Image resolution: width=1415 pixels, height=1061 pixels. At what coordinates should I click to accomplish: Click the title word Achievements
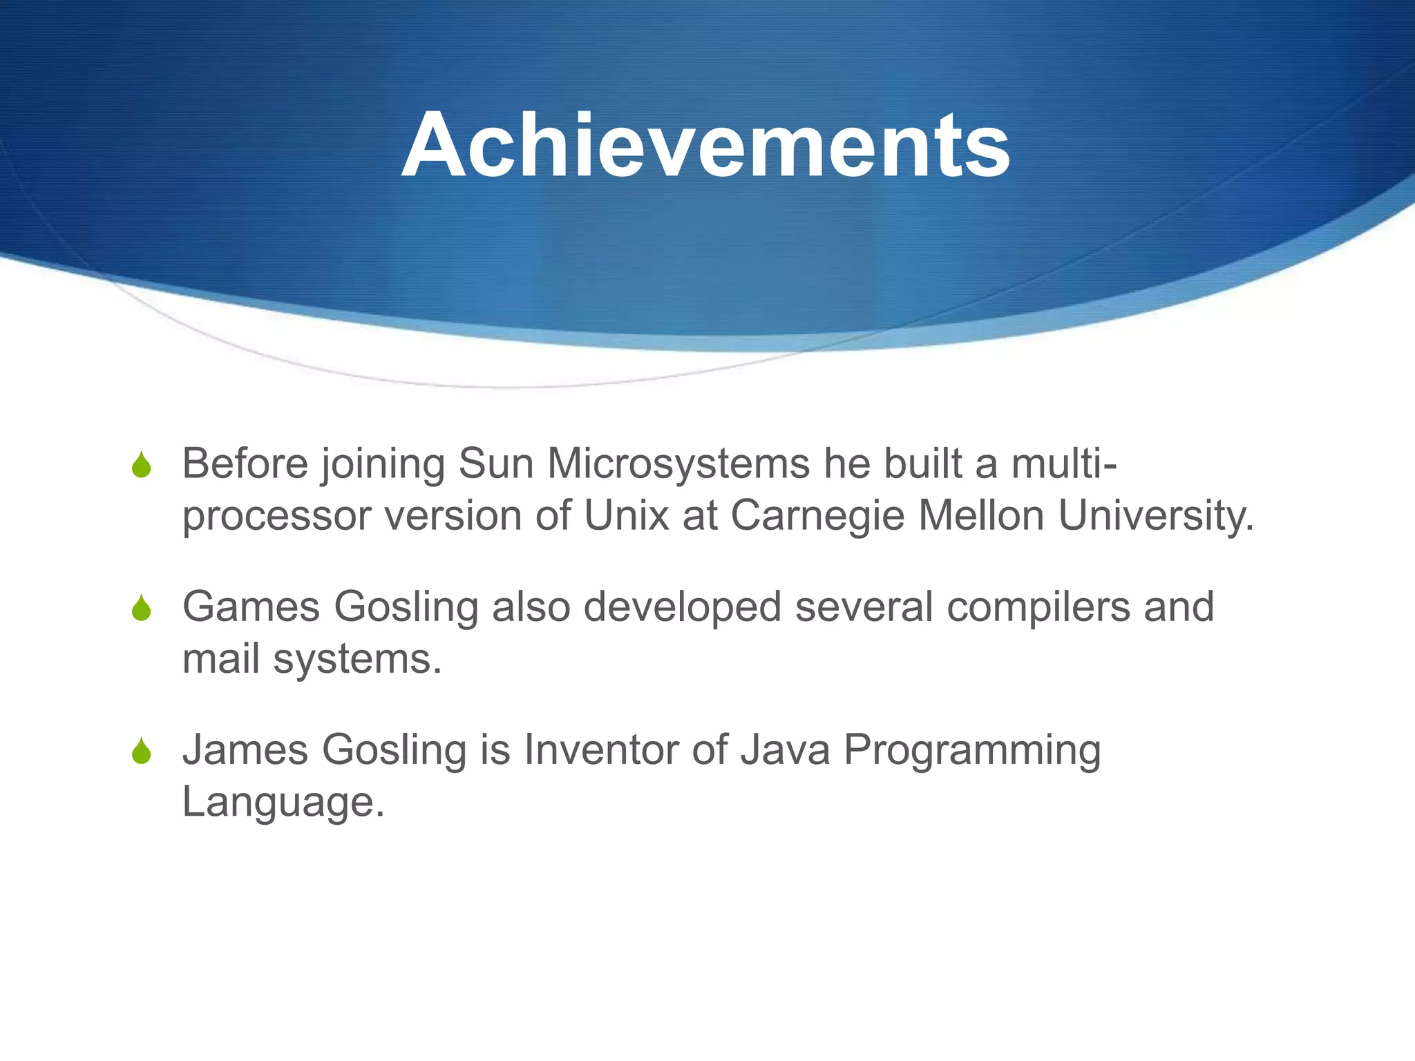tap(705, 146)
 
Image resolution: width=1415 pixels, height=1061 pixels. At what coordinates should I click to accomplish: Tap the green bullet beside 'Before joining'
tap(142, 466)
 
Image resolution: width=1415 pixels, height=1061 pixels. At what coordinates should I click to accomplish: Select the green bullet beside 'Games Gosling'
tap(142, 609)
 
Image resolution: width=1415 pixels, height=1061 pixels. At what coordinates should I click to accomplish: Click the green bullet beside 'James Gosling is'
tap(142, 752)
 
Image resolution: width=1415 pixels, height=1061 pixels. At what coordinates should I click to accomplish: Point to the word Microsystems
tap(678, 464)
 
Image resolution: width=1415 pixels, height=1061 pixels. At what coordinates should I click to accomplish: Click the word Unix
tap(627, 516)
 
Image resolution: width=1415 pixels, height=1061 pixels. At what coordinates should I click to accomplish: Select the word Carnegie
tap(817, 517)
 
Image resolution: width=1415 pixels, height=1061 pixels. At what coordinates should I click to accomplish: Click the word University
tap(1155, 517)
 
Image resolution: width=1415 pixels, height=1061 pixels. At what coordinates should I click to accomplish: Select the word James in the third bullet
tap(245, 750)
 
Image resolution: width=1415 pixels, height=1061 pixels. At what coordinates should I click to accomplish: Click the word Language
tap(282, 803)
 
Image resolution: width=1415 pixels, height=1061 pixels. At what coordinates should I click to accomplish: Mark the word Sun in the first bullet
tap(497, 464)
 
